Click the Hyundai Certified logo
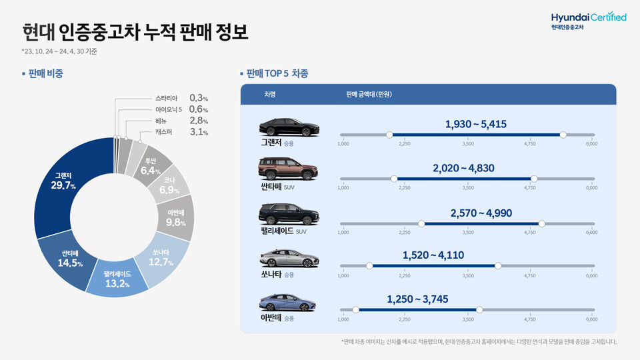coord(588,19)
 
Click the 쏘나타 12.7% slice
coord(161,258)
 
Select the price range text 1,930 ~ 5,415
coord(477,124)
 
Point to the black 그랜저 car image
coord(288,126)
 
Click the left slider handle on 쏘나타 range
coord(369,266)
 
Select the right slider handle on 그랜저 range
coord(563,135)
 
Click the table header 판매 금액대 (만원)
coord(369,95)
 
